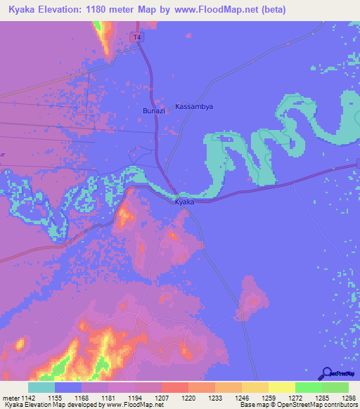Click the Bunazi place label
pos(154,111)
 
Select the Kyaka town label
pos(184,202)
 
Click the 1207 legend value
pos(162,398)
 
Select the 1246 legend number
pos(242,398)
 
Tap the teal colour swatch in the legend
pos(41,387)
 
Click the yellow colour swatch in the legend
pos(281,387)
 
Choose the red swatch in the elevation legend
pos(175,387)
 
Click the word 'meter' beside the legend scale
pos(10,398)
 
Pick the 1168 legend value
pos(82,398)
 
